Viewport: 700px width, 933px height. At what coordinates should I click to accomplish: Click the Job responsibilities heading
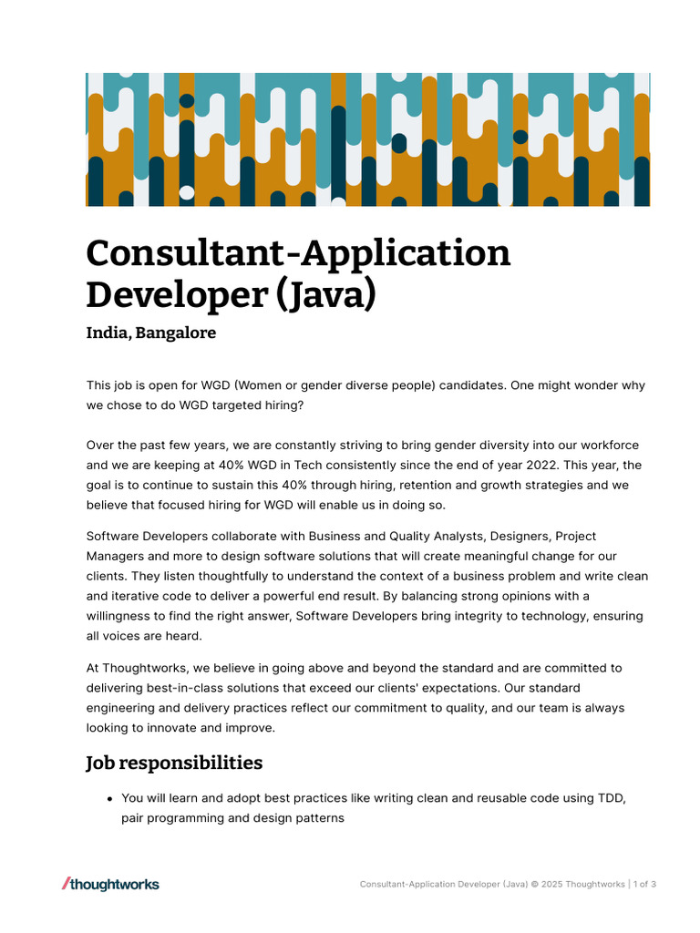[x=174, y=763]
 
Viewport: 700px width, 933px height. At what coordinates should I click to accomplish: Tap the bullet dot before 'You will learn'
[x=109, y=799]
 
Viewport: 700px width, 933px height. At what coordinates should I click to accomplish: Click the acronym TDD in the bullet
[x=611, y=798]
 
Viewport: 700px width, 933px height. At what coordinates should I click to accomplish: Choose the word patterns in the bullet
[x=318, y=818]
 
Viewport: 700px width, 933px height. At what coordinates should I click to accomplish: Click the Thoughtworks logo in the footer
[x=110, y=884]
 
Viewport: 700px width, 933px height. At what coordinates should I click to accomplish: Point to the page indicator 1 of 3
[x=644, y=885]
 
